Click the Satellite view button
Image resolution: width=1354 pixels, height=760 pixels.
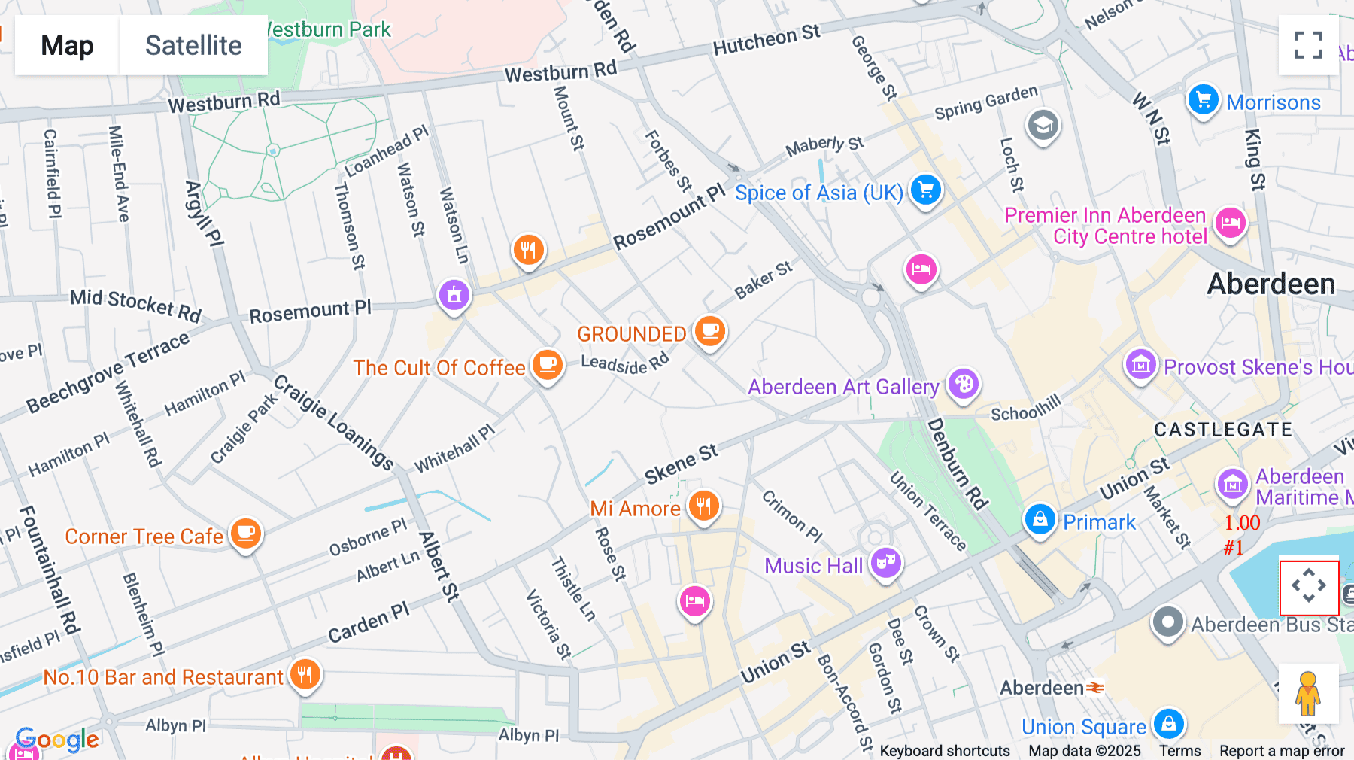click(x=193, y=45)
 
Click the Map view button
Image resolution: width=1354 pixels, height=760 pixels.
click(x=67, y=45)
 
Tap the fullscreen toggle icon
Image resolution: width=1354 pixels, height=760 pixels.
click(x=1308, y=45)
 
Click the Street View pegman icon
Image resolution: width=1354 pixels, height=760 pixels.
click(x=1308, y=694)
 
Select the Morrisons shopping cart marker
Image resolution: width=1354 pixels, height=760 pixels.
click(x=1203, y=99)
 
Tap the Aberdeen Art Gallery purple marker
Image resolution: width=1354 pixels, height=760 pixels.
click(x=964, y=385)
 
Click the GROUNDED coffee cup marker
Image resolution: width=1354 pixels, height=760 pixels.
click(x=709, y=330)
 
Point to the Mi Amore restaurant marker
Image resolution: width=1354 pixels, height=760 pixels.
click(x=703, y=506)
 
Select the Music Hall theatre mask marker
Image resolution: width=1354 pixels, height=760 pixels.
click(x=886, y=562)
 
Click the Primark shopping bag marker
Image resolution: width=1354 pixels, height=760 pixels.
click(x=1040, y=519)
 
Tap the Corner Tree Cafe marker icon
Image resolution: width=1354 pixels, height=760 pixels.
click(x=245, y=534)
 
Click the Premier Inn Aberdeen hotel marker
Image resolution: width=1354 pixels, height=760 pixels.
click(x=1231, y=223)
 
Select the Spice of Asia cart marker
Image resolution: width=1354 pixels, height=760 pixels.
click(x=926, y=190)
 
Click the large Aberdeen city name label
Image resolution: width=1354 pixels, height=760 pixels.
click(x=1271, y=284)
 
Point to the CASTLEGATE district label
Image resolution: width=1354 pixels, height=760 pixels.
click(x=1223, y=430)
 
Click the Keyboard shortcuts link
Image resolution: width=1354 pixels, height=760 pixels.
click(x=945, y=751)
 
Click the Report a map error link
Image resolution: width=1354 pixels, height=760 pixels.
click(x=1282, y=751)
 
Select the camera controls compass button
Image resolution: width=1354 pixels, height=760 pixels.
click(x=1309, y=587)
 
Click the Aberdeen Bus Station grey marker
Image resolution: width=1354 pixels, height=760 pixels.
click(x=1167, y=622)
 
